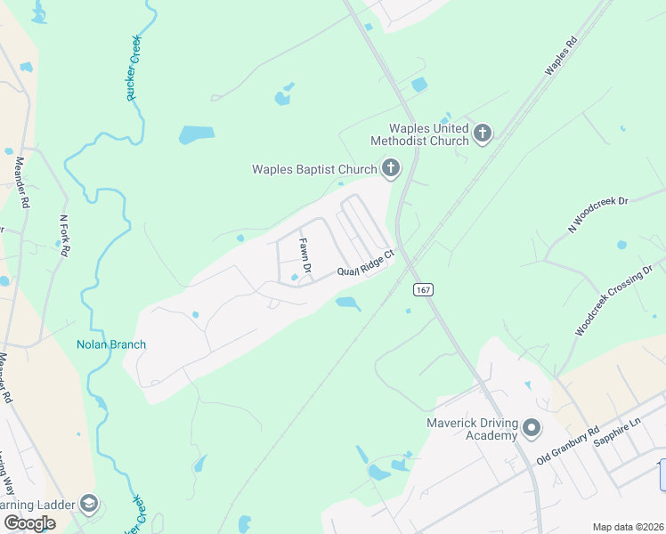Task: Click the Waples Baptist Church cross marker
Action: (x=390, y=167)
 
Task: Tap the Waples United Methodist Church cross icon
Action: (x=483, y=134)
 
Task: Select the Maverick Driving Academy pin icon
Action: (x=532, y=429)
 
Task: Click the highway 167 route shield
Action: (x=422, y=290)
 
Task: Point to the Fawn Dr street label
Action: (x=305, y=255)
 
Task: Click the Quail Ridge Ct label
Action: (x=364, y=269)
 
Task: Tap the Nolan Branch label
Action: (x=111, y=344)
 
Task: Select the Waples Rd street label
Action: (x=561, y=55)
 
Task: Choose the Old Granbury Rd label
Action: (x=567, y=446)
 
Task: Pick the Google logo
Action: (x=29, y=523)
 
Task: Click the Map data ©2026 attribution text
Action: (x=627, y=527)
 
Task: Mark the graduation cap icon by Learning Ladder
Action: (x=88, y=505)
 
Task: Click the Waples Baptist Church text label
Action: (x=314, y=168)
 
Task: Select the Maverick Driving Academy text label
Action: (x=459, y=429)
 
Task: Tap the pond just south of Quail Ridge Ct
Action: (x=347, y=304)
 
